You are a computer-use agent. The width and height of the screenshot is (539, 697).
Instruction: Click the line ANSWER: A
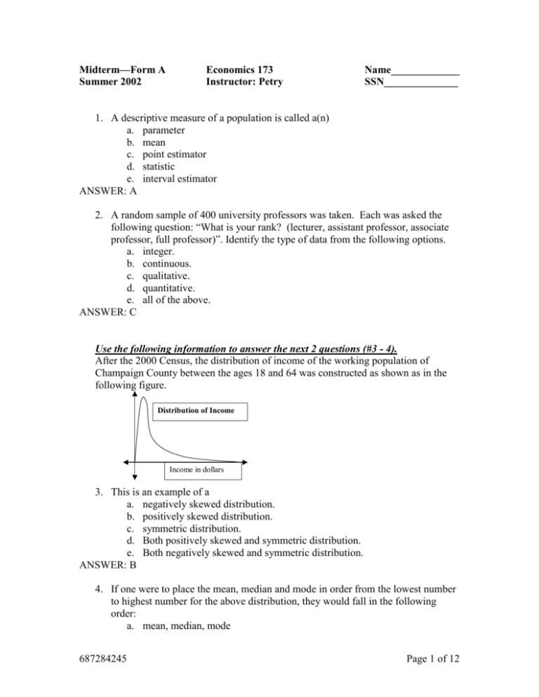107,191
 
